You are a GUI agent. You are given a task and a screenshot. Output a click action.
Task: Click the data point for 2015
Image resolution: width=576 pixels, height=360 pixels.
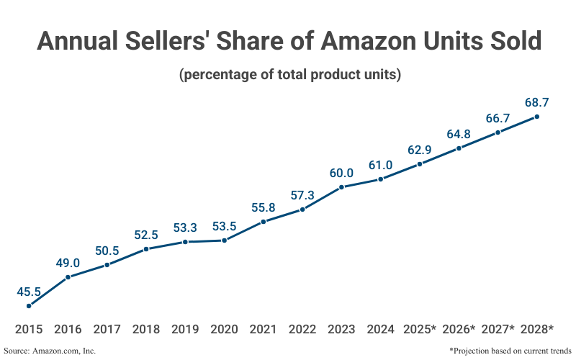[x=29, y=306]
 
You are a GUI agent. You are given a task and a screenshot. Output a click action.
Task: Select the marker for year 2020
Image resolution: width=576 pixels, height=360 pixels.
[x=225, y=240]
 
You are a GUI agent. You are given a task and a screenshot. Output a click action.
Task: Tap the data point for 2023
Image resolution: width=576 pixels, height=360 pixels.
[x=341, y=187]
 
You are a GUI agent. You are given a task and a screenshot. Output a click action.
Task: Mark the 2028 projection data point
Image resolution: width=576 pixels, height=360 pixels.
[x=536, y=117]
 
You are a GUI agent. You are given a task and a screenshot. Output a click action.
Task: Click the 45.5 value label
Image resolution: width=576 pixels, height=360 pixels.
[x=29, y=292]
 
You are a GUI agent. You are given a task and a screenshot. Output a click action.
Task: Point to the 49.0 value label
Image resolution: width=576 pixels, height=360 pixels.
[x=68, y=263]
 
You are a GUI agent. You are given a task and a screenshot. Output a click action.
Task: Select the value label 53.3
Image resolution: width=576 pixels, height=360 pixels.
[x=185, y=228]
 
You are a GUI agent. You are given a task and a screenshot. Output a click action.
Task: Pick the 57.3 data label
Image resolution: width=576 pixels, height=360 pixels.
[x=302, y=195]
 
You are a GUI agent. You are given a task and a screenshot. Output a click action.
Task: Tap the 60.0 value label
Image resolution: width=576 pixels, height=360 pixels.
[x=341, y=173]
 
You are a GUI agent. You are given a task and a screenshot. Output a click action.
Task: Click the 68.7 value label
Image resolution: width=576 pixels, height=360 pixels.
[x=536, y=103]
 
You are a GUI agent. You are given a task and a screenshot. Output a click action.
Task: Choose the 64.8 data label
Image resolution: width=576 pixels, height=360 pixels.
[x=459, y=135]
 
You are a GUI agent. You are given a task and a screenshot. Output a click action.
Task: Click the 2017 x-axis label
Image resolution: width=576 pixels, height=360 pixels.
[x=107, y=329]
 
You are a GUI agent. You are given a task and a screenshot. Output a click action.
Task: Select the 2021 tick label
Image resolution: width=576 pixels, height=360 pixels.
[x=264, y=329]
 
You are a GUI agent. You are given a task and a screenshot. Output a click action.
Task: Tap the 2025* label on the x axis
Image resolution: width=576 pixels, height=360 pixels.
[x=420, y=329]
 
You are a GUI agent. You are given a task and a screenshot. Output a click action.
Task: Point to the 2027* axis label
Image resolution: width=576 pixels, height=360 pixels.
[x=498, y=329]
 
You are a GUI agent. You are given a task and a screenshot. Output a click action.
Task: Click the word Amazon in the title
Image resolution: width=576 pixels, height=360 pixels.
[x=362, y=41]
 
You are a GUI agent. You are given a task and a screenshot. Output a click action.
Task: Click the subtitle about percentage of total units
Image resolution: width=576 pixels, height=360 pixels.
[x=289, y=74]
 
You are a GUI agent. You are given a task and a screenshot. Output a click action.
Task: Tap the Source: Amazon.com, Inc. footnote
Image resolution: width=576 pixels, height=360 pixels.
[x=50, y=351]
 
